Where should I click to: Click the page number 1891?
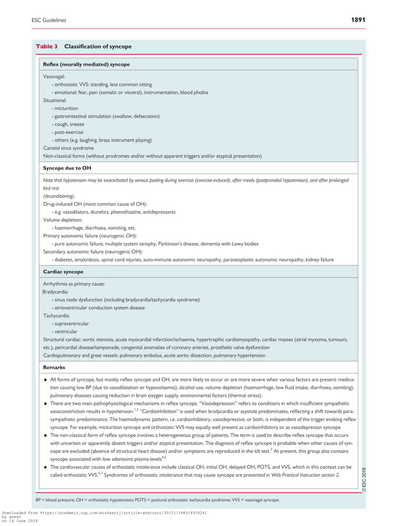358,20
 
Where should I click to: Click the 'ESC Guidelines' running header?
49,20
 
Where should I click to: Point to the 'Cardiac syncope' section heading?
63,271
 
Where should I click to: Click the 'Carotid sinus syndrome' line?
69,148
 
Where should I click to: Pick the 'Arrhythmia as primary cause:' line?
73,283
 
